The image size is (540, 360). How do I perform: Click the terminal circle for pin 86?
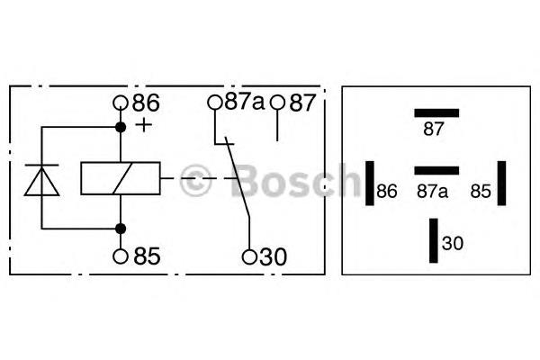tap(121, 103)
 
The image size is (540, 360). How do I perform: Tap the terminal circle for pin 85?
tap(121, 256)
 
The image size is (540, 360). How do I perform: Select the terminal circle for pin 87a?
tap(215, 103)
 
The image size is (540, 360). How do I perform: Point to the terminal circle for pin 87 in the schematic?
tap(277, 103)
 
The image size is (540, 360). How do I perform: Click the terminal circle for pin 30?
tap(249, 256)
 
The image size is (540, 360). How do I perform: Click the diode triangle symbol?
tap(41, 182)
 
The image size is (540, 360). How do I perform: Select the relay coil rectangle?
tap(121, 178)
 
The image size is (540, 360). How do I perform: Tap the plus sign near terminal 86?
tap(144, 125)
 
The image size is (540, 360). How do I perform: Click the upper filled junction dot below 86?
tap(121, 128)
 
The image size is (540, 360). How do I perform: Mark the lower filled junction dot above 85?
tap(121, 229)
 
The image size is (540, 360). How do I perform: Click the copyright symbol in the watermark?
tap(196, 181)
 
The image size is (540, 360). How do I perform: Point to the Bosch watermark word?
tap(295, 181)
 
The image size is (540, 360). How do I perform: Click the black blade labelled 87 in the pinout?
tap(436, 113)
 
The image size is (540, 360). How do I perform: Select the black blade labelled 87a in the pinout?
tap(436, 170)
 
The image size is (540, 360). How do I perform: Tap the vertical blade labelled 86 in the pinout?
tap(370, 184)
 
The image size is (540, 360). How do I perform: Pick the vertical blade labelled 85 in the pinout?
tap(502, 184)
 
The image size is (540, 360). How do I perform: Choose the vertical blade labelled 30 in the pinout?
tap(434, 240)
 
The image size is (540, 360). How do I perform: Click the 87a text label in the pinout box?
tap(433, 191)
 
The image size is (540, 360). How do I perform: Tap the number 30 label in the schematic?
tap(273, 256)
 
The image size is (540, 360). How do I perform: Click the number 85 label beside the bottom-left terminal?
tap(147, 256)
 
